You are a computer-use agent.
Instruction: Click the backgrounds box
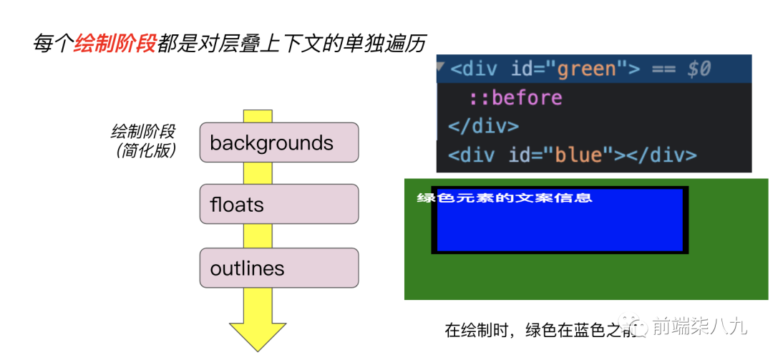point(278,142)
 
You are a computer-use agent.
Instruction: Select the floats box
point(278,205)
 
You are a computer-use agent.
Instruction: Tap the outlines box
point(278,268)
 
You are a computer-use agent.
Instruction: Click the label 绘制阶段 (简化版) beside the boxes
point(144,141)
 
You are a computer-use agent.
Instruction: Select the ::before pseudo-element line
point(515,97)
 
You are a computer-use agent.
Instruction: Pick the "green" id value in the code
point(586,69)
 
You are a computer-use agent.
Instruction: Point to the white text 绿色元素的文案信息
point(505,198)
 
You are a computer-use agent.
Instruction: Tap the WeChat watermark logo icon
point(636,326)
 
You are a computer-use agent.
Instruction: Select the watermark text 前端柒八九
point(699,327)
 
